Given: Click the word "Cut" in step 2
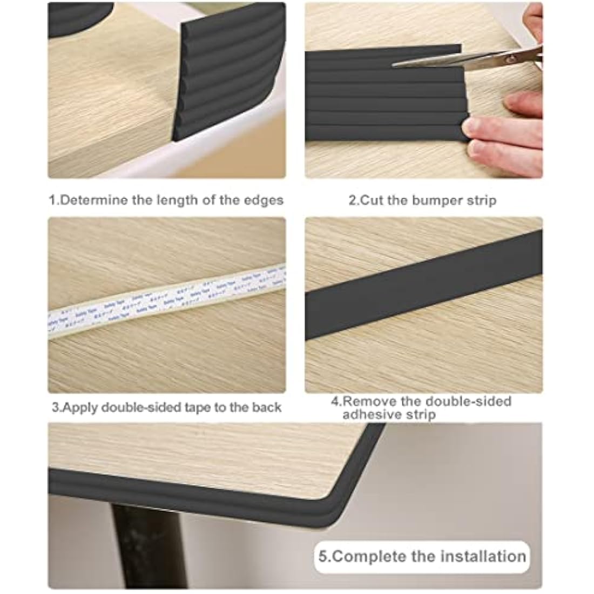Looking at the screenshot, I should coord(372,201).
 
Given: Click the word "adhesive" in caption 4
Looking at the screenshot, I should coord(370,415).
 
